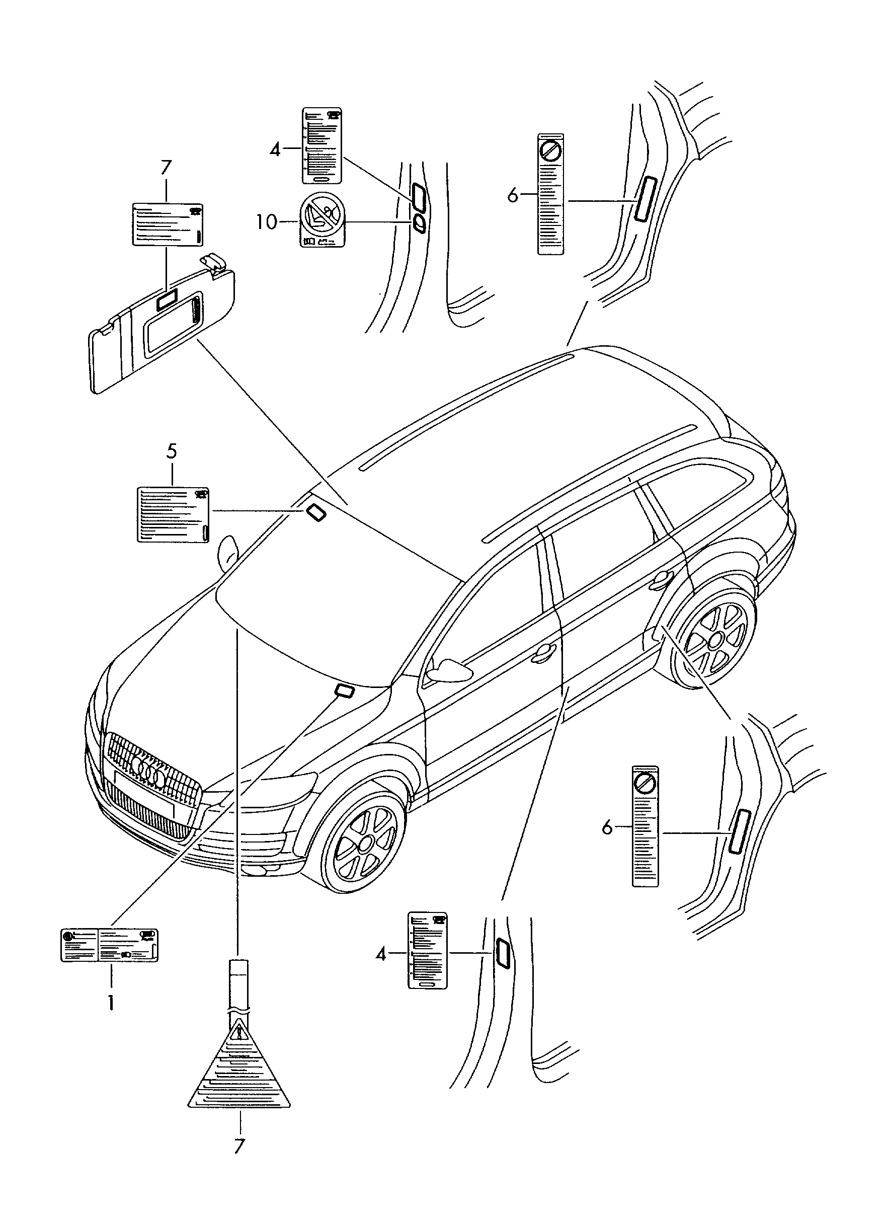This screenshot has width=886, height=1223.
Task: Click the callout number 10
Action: (x=266, y=221)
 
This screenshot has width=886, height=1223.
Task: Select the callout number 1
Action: (x=111, y=1003)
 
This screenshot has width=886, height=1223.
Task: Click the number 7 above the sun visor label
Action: (x=166, y=168)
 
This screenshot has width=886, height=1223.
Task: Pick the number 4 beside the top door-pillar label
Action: (x=275, y=148)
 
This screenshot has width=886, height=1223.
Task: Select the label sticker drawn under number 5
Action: (x=174, y=514)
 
